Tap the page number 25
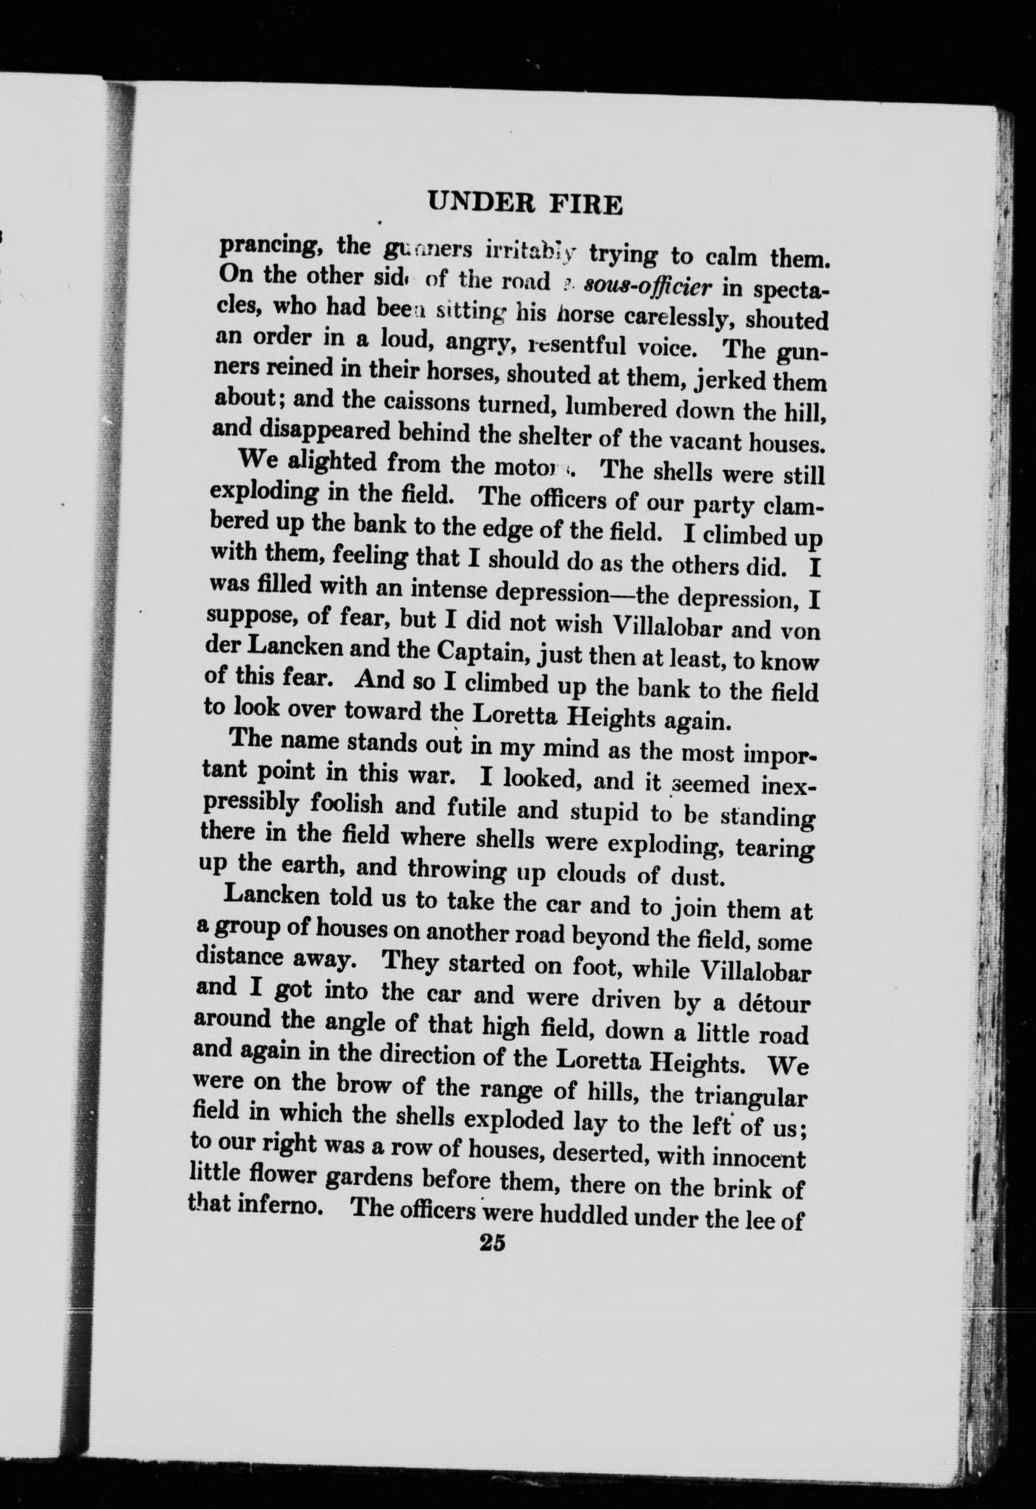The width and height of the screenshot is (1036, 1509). (492, 1242)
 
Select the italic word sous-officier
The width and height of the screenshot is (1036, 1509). (645, 285)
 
